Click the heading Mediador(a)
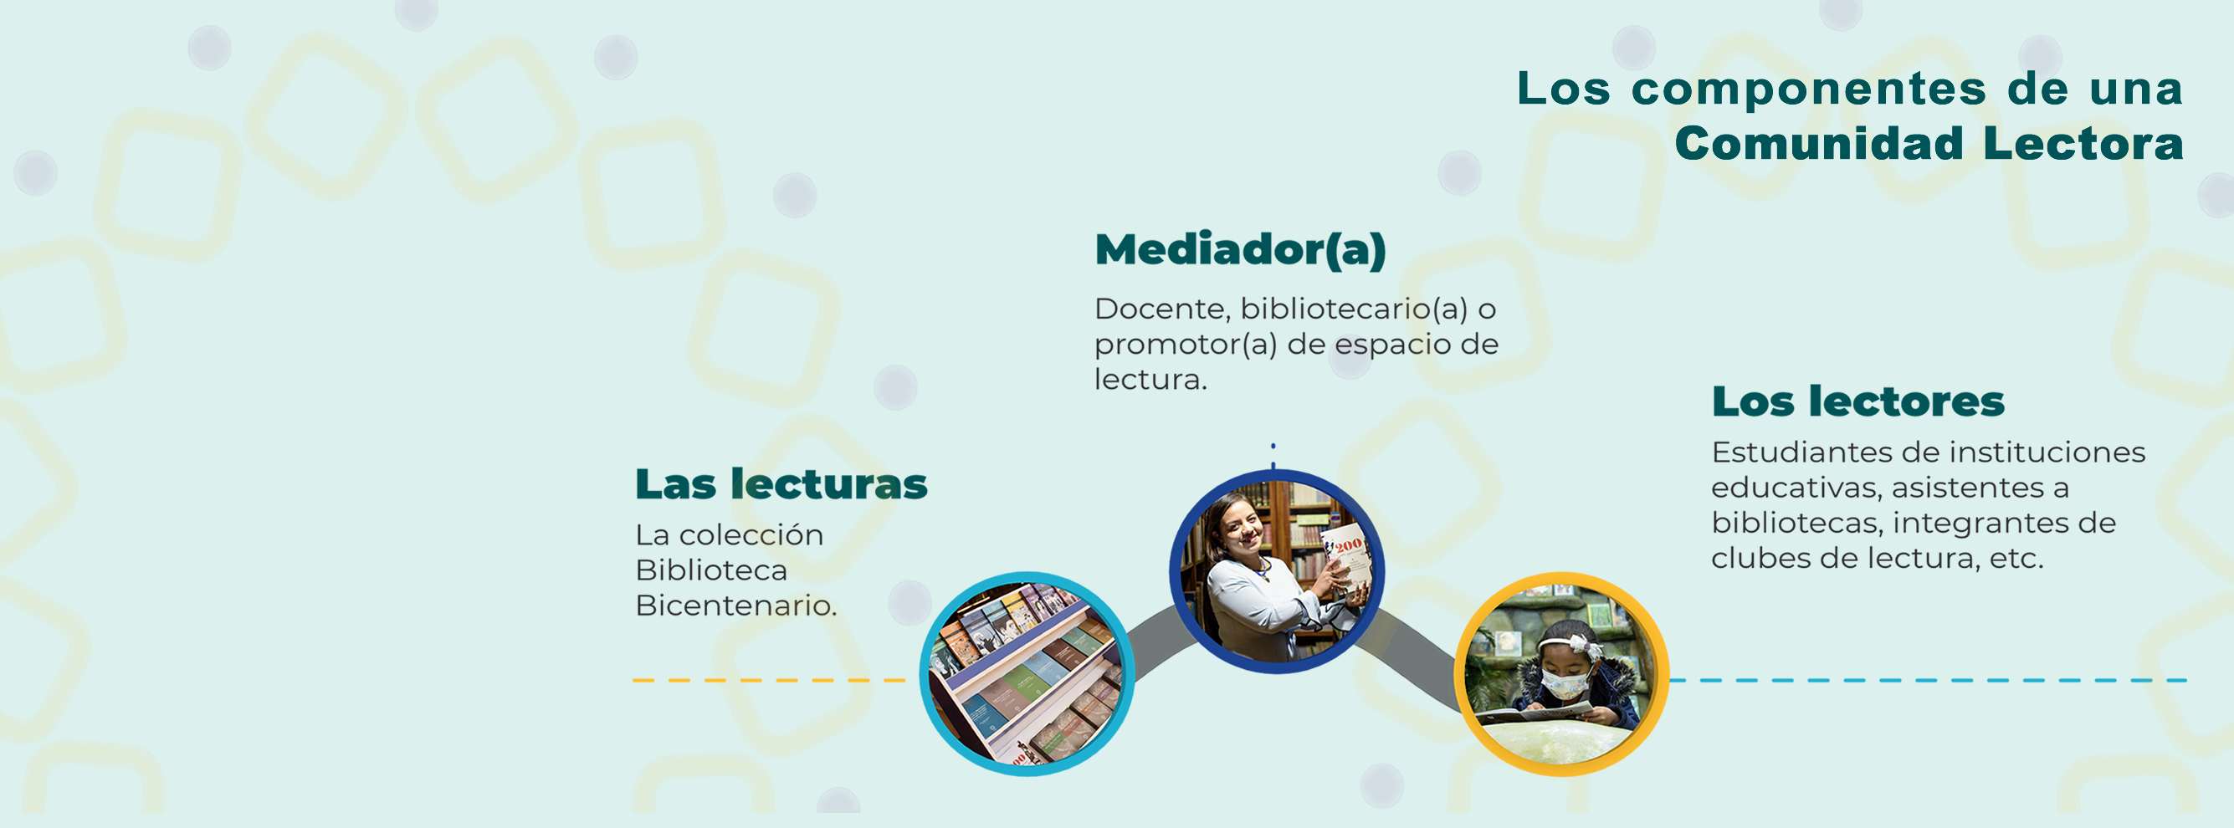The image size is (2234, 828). [1240, 251]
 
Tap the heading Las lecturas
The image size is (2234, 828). [781, 483]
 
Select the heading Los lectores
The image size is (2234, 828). [1857, 401]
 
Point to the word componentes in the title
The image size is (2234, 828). [1808, 89]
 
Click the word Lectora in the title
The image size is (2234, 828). [2083, 144]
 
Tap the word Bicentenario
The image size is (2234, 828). [736, 606]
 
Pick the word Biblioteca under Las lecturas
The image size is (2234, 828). [711, 570]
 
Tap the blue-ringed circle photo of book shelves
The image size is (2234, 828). [1027, 673]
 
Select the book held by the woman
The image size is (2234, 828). [1345, 561]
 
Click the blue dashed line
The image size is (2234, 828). [1927, 681]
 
